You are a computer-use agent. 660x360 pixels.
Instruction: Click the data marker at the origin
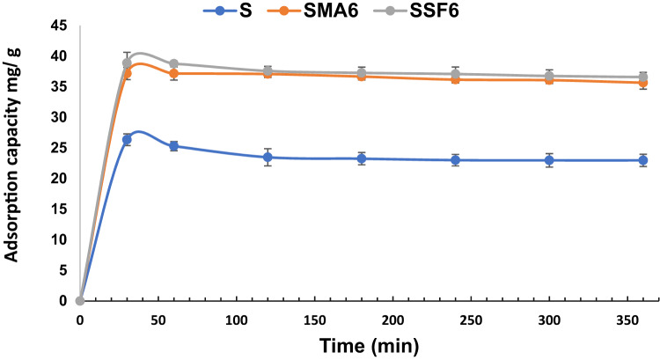(x=80, y=300)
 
